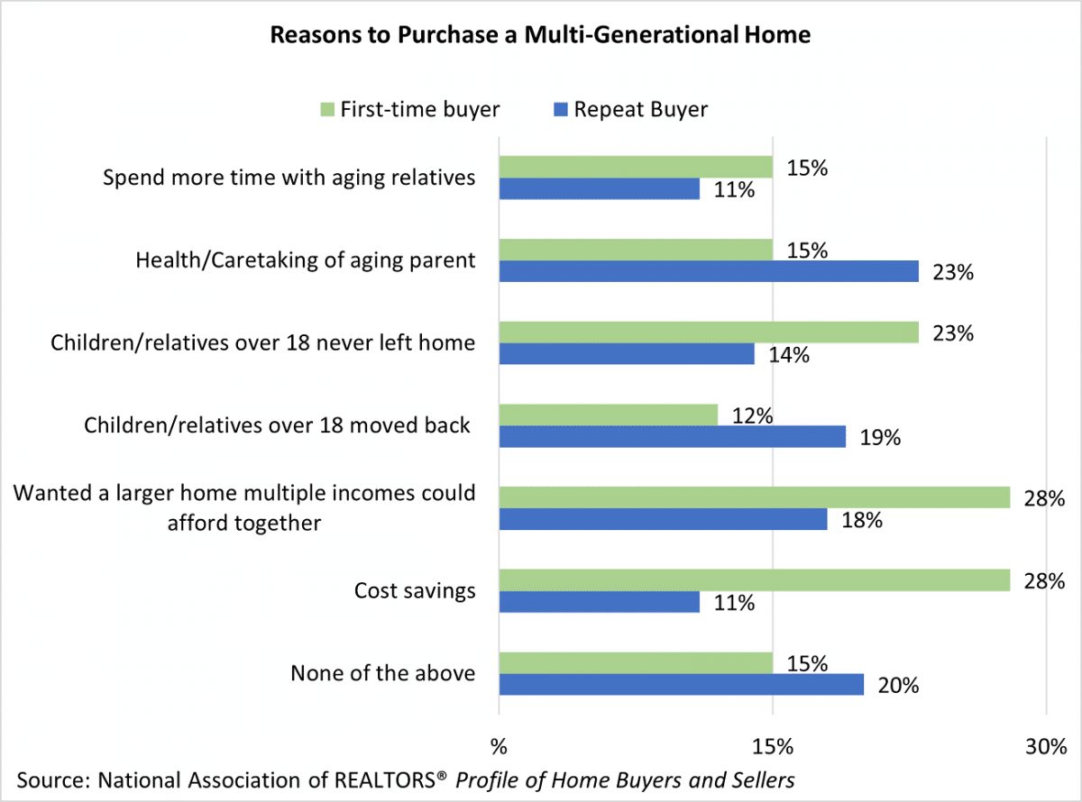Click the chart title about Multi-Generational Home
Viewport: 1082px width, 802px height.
pos(541,36)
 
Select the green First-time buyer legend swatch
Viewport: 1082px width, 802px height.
pos(326,110)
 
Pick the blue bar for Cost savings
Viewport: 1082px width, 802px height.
pos(600,602)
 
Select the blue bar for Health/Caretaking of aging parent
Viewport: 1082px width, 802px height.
pos(709,272)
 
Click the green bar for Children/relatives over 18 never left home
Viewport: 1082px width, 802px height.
pos(709,333)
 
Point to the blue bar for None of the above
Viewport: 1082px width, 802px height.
pos(682,685)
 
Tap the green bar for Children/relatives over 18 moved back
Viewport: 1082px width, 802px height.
pos(609,415)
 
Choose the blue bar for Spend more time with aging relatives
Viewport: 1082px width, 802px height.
pos(600,189)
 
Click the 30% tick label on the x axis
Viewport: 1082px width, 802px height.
pos(1045,747)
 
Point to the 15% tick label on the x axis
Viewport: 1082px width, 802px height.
pos(773,747)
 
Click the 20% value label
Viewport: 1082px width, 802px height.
pos(898,686)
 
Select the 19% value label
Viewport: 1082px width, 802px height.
pos(880,438)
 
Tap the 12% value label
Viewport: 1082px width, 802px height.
pos(752,415)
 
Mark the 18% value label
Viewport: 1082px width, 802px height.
pos(861,520)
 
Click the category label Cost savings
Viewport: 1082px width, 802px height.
pos(414,591)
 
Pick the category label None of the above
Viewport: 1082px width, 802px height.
pos(382,673)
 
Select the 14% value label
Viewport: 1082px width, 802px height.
pos(789,355)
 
